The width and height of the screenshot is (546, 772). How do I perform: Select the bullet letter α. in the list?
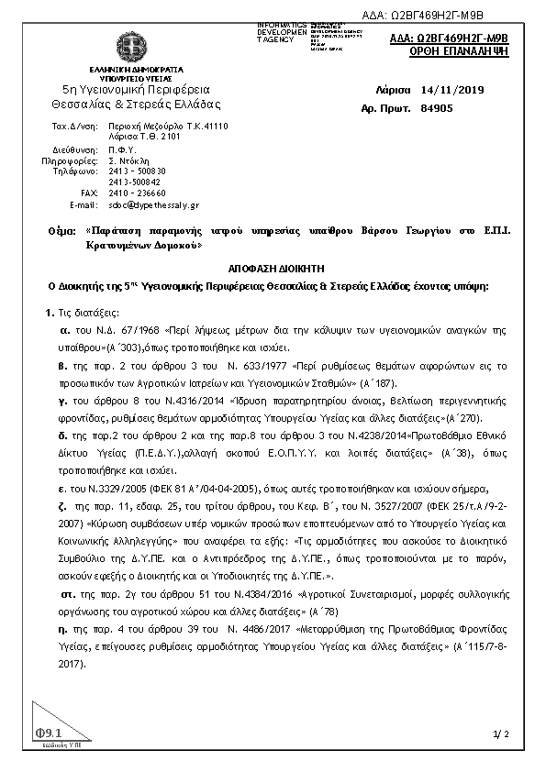(x=65, y=327)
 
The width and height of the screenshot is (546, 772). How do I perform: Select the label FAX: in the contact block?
(x=89, y=193)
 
